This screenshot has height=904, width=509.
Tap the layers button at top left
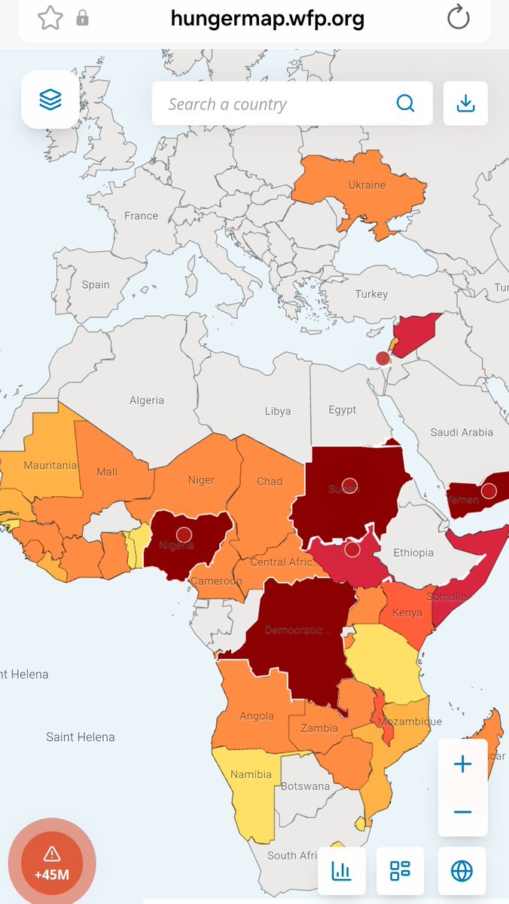tap(50, 100)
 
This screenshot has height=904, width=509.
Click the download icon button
tap(466, 103)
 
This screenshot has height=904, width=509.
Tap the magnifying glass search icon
tap(405, 103)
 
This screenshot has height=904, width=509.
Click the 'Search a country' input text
tap(227, 104)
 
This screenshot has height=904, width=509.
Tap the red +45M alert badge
tap(51, 861)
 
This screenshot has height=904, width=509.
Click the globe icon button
tap(462, 871)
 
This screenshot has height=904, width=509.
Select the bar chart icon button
tap(342, 871)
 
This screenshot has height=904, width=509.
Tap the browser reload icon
tap(458, 18)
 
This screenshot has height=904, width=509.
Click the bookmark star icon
tap(50, 18)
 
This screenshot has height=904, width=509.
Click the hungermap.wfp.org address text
tap(267, 18)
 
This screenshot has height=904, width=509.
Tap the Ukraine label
tap(367, 185)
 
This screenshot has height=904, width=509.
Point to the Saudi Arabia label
tap(462, 432)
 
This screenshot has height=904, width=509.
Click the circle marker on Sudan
tap(349, 485)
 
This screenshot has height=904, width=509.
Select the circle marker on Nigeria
tap(184, 535)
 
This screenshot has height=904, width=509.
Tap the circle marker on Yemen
tap(489, 492)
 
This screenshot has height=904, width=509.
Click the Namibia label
tap(251, 774)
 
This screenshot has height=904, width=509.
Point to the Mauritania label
tap(50, 465)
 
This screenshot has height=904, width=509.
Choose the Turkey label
tap(371, 294)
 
